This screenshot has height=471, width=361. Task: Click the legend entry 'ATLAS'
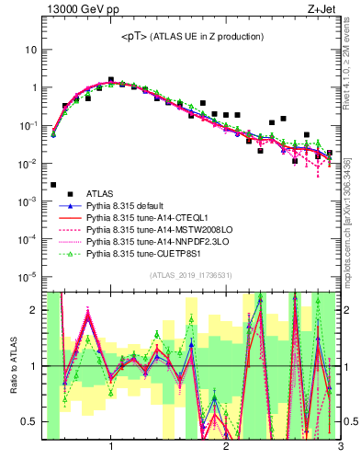(101, 193)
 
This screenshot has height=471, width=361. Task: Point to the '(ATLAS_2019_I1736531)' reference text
(191, 275)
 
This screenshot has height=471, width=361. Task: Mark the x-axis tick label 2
(226, 448)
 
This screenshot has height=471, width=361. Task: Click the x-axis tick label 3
(340, 448)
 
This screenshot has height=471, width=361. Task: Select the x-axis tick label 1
(111, 448)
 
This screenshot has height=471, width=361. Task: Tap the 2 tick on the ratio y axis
(35, 310)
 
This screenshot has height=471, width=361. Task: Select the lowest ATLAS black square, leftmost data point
(53, 185)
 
